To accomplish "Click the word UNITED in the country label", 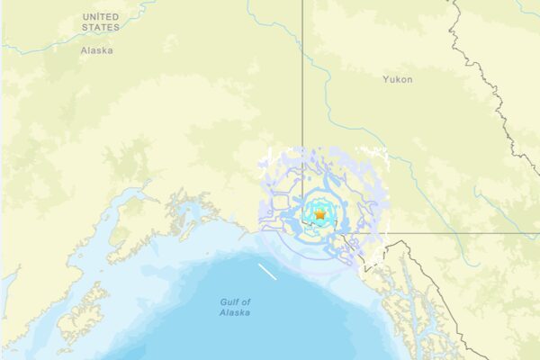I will [101, 17].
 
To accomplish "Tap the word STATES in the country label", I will [100, 28].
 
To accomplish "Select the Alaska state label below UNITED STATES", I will [96, 50].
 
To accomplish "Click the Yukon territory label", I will [397, 80].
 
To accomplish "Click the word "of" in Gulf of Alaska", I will [246, 301].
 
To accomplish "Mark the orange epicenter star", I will [320, 215].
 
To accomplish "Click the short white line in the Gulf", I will [267, 272].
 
